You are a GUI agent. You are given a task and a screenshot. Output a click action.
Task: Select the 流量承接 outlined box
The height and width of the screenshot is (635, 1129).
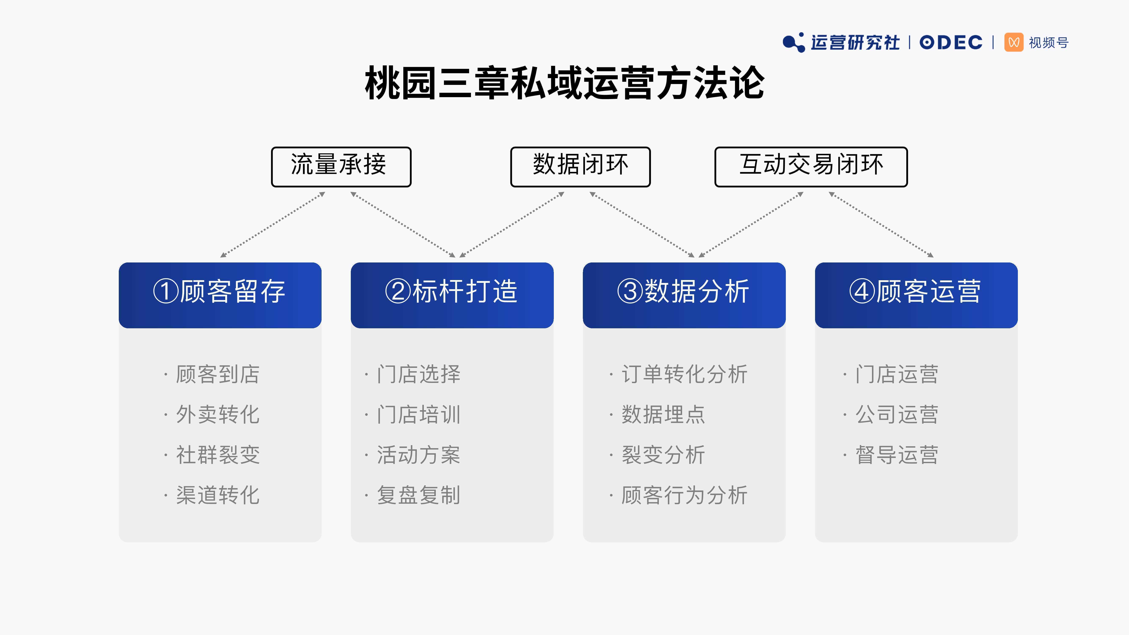(x=341, y=167)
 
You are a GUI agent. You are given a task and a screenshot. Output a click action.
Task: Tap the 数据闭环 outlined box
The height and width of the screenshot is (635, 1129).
(x=580, y=167)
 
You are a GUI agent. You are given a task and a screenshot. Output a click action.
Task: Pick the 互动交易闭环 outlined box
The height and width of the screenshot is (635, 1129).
(x=811, y=167)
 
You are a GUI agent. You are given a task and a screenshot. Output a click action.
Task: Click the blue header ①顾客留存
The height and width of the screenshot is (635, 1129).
(x=220, y=295)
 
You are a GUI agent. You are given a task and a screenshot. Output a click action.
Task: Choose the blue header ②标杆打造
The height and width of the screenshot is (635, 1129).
(x=452, y=295)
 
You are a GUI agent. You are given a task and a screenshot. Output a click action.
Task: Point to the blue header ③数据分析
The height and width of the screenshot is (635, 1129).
(x=684, y=295)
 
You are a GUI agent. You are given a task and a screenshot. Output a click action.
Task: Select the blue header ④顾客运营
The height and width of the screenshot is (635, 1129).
(x=916, y=295)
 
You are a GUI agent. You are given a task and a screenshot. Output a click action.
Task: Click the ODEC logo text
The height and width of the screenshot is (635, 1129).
(x=951, y=43)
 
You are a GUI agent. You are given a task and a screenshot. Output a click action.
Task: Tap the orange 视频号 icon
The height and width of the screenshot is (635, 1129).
(x=1014, y=43)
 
